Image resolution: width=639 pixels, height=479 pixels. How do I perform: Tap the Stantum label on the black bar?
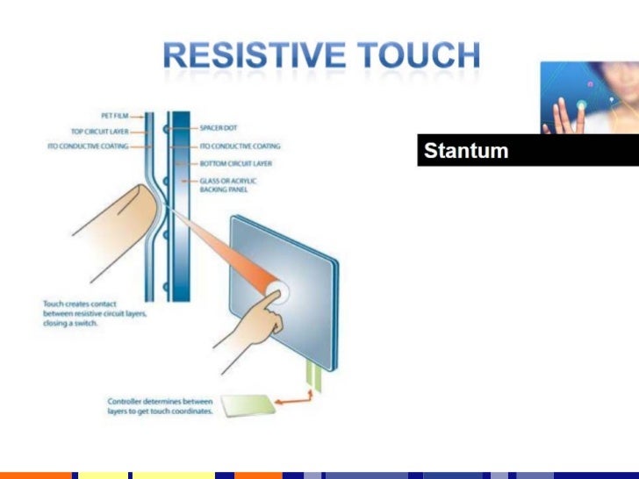(x=465, y=151)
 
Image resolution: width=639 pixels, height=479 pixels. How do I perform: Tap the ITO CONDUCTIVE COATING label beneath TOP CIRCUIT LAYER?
(x=87, y=147)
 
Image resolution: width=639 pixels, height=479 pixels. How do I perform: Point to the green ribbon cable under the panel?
(x=313, y=373)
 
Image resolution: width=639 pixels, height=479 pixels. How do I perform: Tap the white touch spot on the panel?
(x=282, y=292)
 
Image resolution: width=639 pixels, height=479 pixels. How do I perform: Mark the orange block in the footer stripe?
(x=35, y=475)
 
